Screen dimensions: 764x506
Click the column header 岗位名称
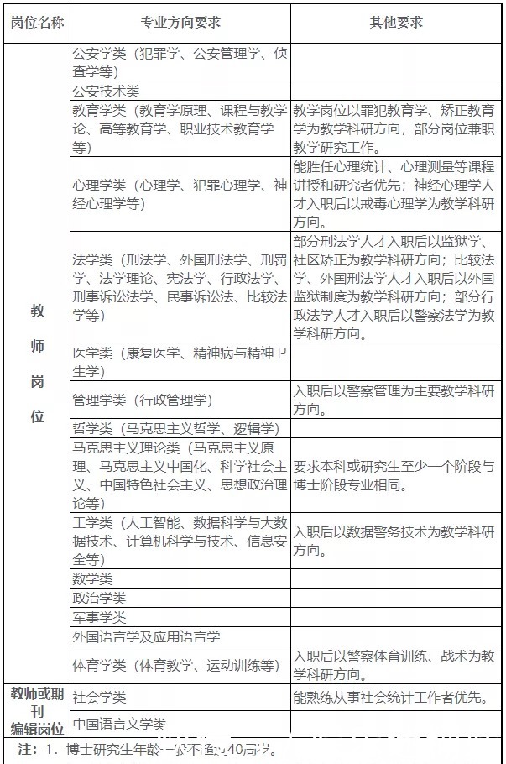37,22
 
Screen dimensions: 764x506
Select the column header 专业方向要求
181,22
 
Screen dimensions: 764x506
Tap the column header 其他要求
396,22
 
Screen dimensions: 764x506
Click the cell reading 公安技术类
106,91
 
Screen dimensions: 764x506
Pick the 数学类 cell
92,579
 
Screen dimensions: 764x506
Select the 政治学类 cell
99,599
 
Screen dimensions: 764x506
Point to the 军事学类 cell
99,618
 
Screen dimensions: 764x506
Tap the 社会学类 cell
99,697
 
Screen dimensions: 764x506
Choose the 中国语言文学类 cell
118,723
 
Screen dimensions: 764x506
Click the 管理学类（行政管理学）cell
143,400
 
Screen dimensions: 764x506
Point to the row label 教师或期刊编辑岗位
37,709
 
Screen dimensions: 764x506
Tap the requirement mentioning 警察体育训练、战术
394,664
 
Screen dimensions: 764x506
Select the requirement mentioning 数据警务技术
394,541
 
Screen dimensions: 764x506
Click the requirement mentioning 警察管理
394,400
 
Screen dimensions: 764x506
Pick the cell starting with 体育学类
175,665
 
